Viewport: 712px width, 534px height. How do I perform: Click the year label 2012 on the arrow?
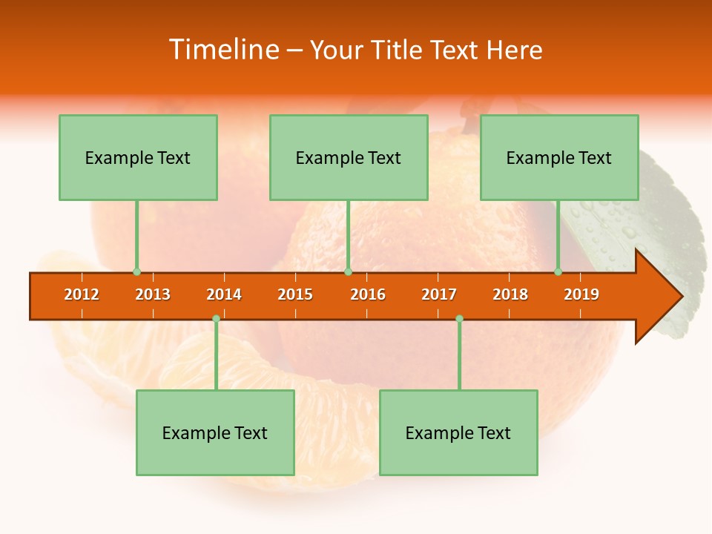(82, 294)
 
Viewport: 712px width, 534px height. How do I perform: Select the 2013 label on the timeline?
(153, 294)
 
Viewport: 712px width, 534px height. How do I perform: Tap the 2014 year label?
(224, 294)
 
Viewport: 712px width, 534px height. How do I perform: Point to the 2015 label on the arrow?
(295, 294)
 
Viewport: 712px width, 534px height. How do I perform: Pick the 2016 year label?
(368, 294)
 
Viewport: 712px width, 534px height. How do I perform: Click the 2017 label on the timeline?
(439, 294)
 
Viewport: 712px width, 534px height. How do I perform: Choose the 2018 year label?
(510, 294)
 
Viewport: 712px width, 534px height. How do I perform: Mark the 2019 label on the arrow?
(581, 294)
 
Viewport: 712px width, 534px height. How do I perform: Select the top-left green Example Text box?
(138, 157)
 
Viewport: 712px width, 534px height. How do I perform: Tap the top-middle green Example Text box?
(349, 157)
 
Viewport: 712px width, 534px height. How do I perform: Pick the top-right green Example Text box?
(559, 157)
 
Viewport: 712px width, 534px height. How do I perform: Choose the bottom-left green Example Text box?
(215, 432)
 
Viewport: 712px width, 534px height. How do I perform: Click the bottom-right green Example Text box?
(458, 432)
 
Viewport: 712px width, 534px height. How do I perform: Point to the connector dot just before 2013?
(136, 272)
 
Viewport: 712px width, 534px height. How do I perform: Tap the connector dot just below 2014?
(216, 318)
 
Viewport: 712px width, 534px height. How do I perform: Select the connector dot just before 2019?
(558, 272)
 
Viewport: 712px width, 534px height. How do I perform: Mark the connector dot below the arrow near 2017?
(459, 318)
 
